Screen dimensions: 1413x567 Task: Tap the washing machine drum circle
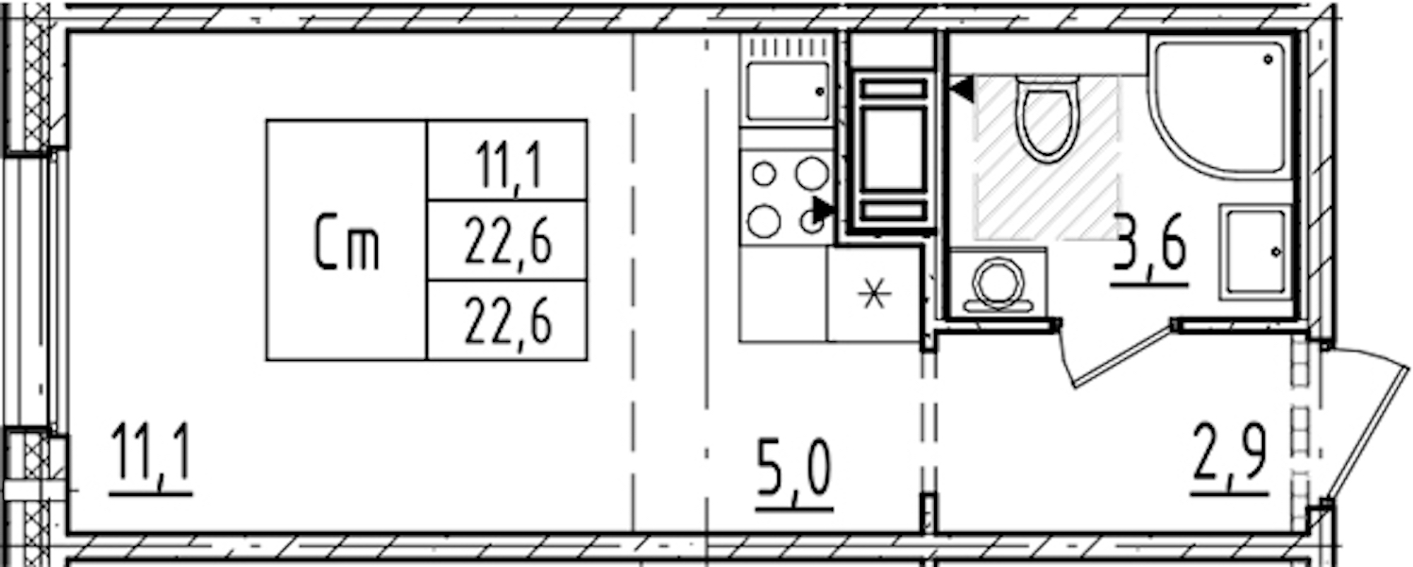coord(997,282)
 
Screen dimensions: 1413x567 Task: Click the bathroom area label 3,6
coord(1149,249)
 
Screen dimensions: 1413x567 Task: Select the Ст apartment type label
coord(347,243)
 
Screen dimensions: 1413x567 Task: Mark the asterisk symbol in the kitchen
coord(875,294)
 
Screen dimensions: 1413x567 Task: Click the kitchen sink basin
coord(788,91)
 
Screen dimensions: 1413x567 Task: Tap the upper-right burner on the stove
coord(812,174)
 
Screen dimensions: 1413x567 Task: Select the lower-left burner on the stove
coord(764,221)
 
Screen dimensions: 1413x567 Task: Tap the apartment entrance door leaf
coord(1366,436)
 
